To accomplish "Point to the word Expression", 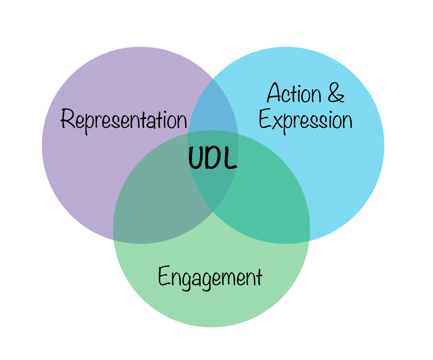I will coord(305,120).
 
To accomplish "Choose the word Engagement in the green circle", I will coord(210,278).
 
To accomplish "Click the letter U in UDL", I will coord(196,158).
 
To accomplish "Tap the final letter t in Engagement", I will coord(258,277).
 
